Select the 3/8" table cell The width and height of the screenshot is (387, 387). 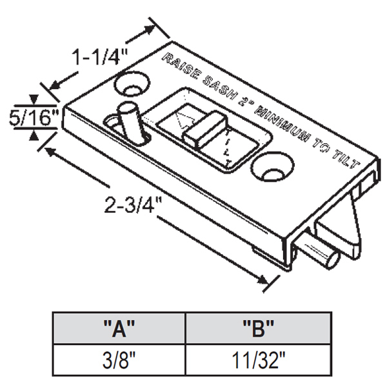[119, 359]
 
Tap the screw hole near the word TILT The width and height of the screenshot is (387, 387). [271, 168]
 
